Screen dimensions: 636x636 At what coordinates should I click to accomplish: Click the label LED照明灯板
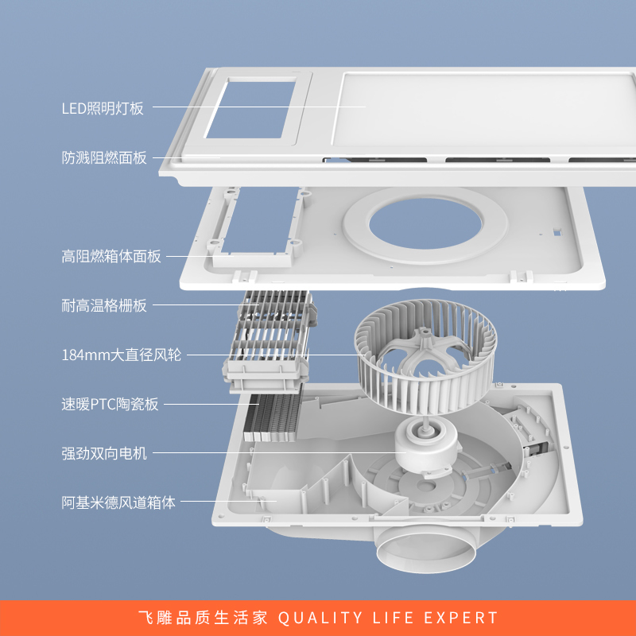pyautogui.click(x=103, y=108)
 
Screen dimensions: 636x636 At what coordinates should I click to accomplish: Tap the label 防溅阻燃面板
pyautogui.click(x=104, y=157)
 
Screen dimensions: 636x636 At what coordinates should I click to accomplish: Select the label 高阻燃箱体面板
pyautogui.click(x=111, y=256)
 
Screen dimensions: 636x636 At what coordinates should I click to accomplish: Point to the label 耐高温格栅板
pyautogui.click(x=104, y=305)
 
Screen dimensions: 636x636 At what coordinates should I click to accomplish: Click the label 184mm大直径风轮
pyautogui.click(x=122, y=355)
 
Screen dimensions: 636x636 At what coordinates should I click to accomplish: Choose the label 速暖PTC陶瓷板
pyautogui.click(x=110, y=404)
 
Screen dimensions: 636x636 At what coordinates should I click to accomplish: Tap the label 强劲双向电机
pyautogui.click(x=104, y=453)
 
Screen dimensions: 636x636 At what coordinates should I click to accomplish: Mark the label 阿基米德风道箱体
pyautogui.click(x=118, y=502)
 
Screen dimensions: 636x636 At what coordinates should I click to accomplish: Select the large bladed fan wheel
pyautogui.click(x=425, y=357)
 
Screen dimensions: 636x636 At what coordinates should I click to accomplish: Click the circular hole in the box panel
pyautogui.click(x=425, y=223)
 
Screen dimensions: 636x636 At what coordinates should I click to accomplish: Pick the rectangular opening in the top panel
pyautogui.click(x=250, y=110)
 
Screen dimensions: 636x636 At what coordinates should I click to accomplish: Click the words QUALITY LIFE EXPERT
pyautogui.click(x=388, y=618)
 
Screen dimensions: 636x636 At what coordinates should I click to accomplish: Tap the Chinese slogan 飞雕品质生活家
pyautogui.click(x=203, y=618)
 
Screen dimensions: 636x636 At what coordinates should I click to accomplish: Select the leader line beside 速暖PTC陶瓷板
pyautogui.click(x=211, y=404)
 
